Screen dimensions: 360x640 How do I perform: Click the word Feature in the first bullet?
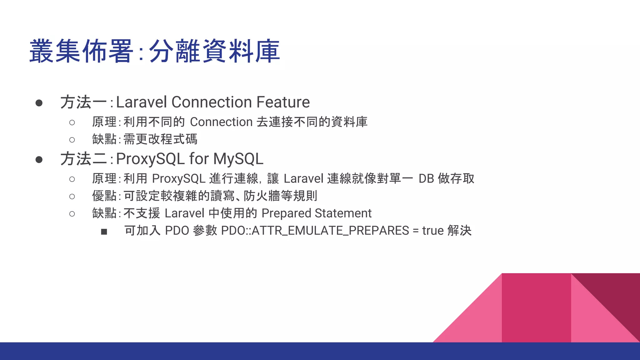(x=283, y=102)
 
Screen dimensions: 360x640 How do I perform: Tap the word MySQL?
(x=238, y=159)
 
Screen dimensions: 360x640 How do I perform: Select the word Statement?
(x=343, y=213)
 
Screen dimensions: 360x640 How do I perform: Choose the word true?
(x=433, y=231)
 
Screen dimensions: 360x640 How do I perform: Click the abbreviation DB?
(x=426, y=179)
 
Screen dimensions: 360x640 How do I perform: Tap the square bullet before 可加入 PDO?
(x=104, y=232)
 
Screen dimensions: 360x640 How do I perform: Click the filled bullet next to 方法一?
(x=39, y=103)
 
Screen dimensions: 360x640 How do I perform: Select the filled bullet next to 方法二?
(x=39, y=160)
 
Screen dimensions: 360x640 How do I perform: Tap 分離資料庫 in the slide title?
(x=214, y=51)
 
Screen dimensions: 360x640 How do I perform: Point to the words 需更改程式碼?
(x=160, y=139)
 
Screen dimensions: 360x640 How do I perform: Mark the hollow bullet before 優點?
(x=72, y=197)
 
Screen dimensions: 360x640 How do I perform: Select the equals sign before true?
(x=416, y=231)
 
